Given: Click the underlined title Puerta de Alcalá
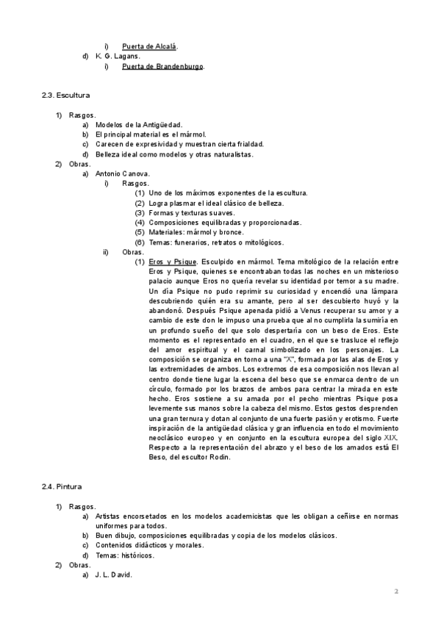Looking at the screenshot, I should tap(151, 46).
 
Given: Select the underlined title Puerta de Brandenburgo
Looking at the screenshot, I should tap(162, 67).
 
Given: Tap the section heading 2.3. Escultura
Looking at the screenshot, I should tap(66, 96).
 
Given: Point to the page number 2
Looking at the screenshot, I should tap(395, 591).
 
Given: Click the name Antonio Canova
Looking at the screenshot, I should tap(123, 174).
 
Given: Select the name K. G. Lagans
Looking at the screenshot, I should tap(118, 57).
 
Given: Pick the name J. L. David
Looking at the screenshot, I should tap(113, 575).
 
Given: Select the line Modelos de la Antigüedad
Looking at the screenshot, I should tap(139, 125).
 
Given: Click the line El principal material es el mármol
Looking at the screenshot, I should tap(154, 134).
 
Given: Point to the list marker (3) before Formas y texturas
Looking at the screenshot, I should tap(140, 212).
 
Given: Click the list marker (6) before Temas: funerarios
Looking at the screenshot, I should tap(140, 242).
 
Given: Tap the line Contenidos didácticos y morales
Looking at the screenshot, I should tap(149, 545).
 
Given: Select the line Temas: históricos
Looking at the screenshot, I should tap(125, 555).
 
